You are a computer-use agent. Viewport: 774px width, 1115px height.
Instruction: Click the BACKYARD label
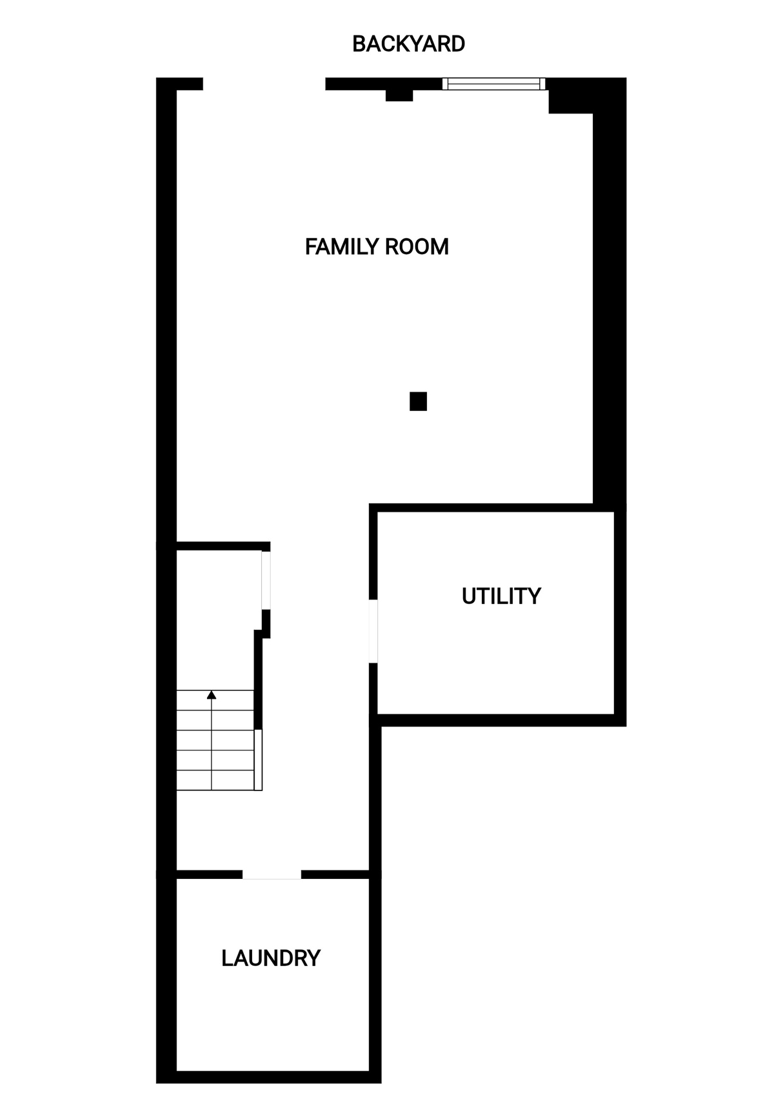(408, 44)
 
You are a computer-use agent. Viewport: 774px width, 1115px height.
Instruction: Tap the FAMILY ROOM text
(377, 246)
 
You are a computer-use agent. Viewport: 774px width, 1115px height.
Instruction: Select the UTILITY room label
(501, 596)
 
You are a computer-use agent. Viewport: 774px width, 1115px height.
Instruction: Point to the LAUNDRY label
(271, 958)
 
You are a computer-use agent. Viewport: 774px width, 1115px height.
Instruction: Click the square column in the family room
(418, 401)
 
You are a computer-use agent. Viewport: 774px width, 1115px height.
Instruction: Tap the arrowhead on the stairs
(212, 695)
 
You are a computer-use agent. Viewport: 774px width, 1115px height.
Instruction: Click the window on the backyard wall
(493, 83)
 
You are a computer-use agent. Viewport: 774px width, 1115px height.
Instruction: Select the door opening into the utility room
(373, 631)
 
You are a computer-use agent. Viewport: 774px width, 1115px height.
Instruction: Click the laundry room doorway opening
(272, 874)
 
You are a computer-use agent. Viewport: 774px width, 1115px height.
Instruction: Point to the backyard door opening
(264, 84)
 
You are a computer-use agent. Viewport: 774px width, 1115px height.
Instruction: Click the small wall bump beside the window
(399, 95)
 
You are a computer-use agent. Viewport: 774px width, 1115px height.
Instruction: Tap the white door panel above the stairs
(266, 580)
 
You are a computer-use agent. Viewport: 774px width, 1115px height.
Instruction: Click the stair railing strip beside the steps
(258, 759)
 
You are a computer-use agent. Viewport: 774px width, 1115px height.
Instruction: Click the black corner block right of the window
(570, 95)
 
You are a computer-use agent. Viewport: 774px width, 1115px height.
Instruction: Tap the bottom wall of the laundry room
(269, 1076)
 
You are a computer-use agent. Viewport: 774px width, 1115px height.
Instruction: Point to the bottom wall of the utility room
(502, 720)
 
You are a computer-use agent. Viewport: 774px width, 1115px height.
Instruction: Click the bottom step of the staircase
(215, 780)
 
